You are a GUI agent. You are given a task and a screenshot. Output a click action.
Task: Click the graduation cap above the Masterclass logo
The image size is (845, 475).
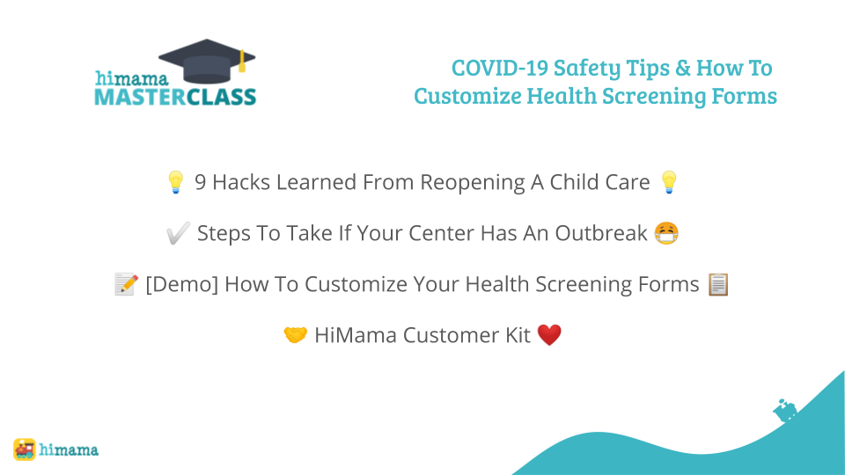coord(207,61)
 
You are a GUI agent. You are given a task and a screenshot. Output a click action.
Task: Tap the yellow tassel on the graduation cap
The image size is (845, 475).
coord(242,62)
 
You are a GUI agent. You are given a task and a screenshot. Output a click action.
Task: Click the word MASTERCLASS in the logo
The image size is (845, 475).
coord(175,98)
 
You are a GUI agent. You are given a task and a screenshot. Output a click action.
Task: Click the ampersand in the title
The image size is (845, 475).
coord(682,68)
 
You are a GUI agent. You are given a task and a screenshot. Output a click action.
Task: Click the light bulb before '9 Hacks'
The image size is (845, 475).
coord(176,182)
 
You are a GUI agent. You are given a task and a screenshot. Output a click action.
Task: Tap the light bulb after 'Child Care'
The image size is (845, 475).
coord(669,182)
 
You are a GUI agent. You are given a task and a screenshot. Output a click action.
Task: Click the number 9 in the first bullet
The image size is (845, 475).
coord(200,183)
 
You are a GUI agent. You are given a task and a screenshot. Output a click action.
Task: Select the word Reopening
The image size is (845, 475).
coord(472,183)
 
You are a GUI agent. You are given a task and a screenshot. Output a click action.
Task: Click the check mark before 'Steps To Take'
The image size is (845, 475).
coord(178,233)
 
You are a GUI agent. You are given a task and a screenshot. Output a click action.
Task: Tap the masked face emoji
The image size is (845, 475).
coord(666,233)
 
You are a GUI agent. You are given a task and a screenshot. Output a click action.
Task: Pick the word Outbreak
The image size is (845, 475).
coord(601,233)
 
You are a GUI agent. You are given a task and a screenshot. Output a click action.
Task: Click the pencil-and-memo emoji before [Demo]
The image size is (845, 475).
coord(127,284)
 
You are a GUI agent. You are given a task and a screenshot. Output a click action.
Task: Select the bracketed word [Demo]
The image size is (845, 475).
coord(182,284)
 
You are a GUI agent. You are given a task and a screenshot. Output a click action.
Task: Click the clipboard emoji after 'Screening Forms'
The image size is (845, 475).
coord(718,284)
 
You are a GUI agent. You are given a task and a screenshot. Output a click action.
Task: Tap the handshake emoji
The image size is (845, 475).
coord(296,335)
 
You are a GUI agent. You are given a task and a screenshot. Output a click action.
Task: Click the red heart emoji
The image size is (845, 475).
coord(549,335)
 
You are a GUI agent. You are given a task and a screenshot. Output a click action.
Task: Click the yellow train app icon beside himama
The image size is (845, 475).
coord(25,449)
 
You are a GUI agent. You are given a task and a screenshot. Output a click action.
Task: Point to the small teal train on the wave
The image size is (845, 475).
coord(785,411)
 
